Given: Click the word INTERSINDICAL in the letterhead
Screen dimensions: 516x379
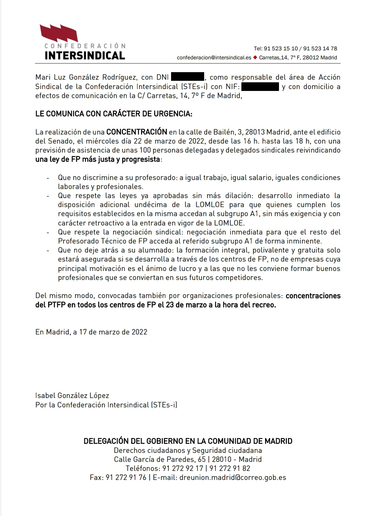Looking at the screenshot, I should tap(85, 56).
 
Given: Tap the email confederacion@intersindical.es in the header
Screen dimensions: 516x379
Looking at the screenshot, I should tap(214, 58).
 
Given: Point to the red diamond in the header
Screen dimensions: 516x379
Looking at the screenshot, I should tap(255, 58).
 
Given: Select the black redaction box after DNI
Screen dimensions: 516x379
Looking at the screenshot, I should tap(187, 77).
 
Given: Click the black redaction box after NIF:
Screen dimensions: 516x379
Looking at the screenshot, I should tap(260, 86).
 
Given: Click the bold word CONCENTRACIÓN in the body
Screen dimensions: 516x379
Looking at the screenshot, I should tap(136, 132).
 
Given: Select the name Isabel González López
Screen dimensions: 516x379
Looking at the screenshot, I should tap(72, 395).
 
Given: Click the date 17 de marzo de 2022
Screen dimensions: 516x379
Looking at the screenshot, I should tap(113, 332).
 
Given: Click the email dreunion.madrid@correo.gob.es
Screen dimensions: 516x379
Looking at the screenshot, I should tap(233, 477).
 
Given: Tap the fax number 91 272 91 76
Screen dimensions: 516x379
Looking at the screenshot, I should tap(126, 477).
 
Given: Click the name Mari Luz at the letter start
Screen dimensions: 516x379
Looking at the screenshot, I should tap(51, 77).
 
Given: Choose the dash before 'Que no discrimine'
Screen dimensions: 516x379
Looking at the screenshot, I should tap(48, 178).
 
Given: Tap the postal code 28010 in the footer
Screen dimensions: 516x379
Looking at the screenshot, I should tap(222, 459).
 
